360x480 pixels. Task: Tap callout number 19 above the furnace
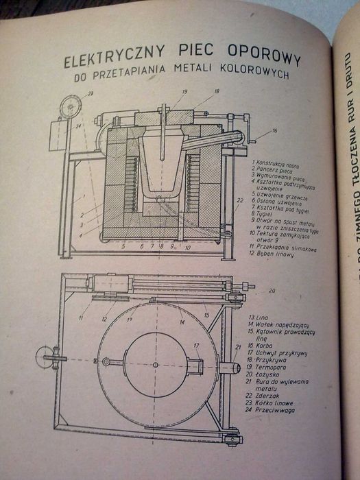(x=165, y=91)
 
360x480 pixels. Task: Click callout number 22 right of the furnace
(x=239, y=200)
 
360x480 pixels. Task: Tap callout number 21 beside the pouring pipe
(x=237, y=347)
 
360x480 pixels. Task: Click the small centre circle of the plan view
(x=155, y=364)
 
